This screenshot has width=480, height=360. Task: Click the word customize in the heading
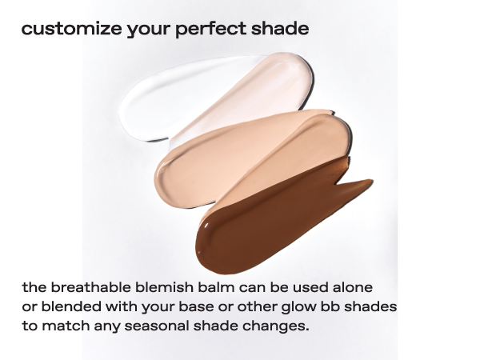coord(71,29)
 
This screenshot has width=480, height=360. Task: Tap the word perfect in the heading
coord(210,30)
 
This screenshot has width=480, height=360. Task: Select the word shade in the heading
coord(280,29)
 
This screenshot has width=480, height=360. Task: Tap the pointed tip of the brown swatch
coord(372,181)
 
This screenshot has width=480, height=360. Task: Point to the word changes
coord(276,326)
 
